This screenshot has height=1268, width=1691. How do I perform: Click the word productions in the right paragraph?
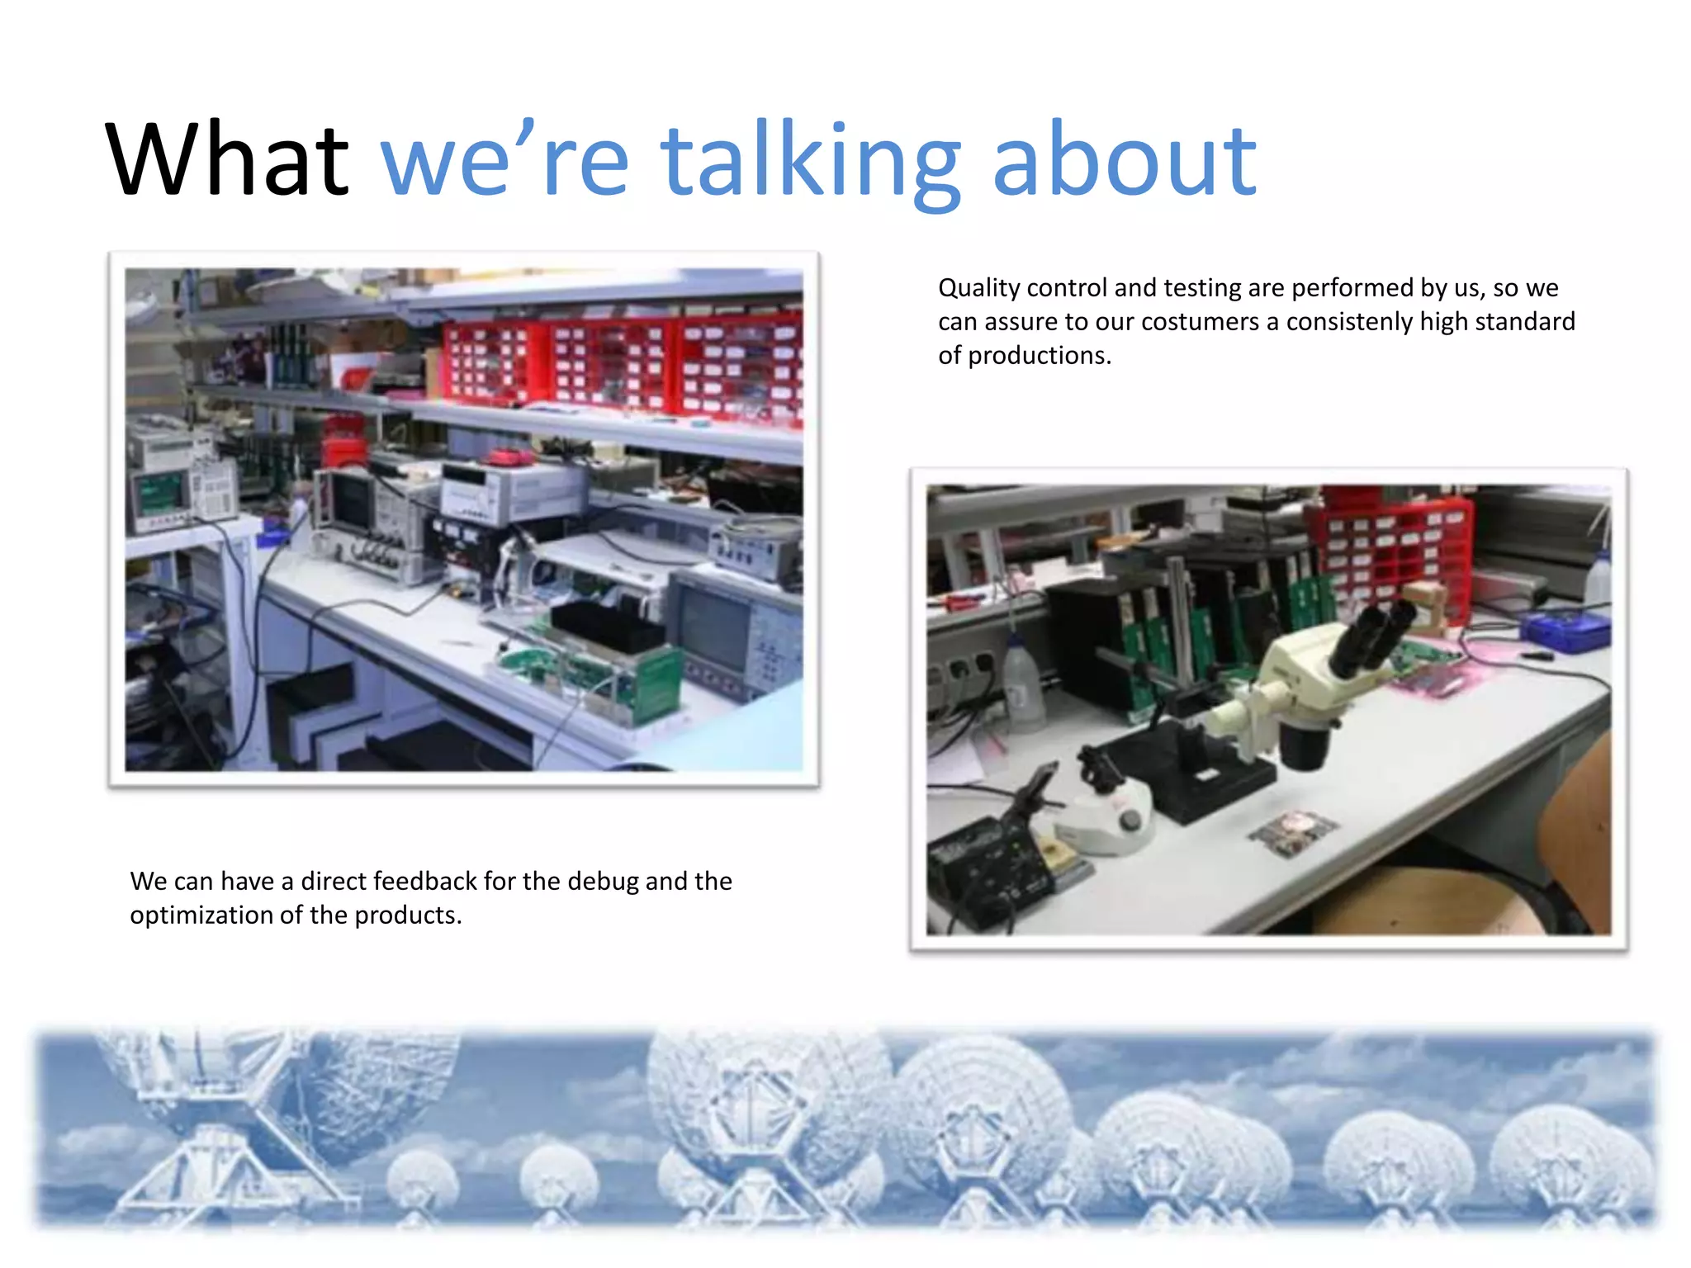(x=1039, y=356)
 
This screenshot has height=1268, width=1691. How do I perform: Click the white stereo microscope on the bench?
(x=1288, y=693)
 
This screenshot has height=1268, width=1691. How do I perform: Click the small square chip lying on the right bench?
(x=1292, y=830)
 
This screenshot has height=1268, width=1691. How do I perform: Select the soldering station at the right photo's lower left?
(x=991, y=867)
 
